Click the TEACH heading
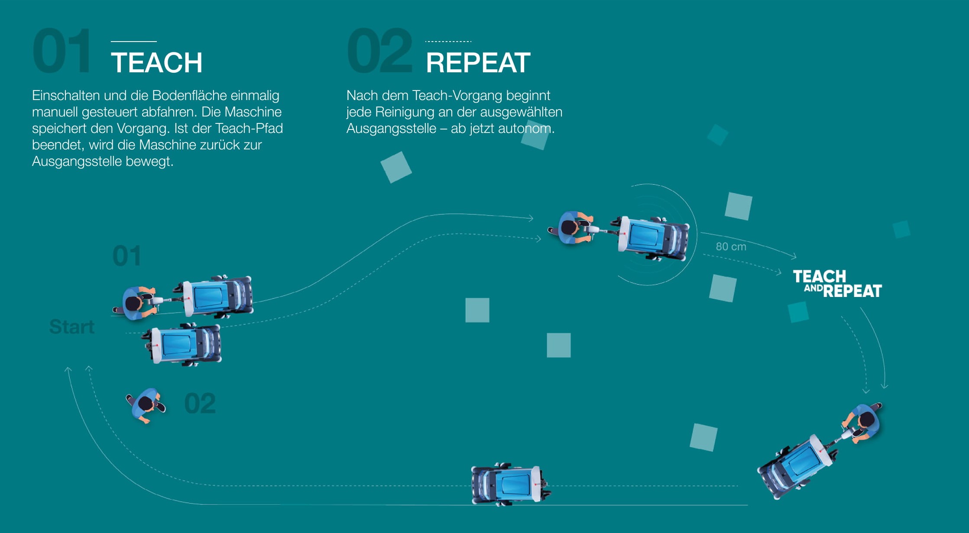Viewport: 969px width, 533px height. click(156, 63)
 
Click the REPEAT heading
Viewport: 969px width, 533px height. click(478, 63)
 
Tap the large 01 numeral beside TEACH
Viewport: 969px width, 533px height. click(62, 51)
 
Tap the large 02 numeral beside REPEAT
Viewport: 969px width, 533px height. click(379, 51)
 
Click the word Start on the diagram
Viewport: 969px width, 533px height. click(72, 327)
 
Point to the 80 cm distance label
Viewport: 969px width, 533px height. click(731, 247)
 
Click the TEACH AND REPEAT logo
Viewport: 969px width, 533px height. click(837, 284)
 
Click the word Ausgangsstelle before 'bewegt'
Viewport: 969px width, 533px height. click(77, 162)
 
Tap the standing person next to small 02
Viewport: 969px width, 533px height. click(146, 405)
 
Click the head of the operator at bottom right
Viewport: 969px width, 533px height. click(867, 420)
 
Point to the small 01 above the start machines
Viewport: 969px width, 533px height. click(126, 256)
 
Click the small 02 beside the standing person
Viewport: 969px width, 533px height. click(200, 404)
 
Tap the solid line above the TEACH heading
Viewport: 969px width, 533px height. click(134, 42)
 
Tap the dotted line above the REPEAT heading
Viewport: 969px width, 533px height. click(448, 42)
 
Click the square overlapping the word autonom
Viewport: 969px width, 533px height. click(535, 135)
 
